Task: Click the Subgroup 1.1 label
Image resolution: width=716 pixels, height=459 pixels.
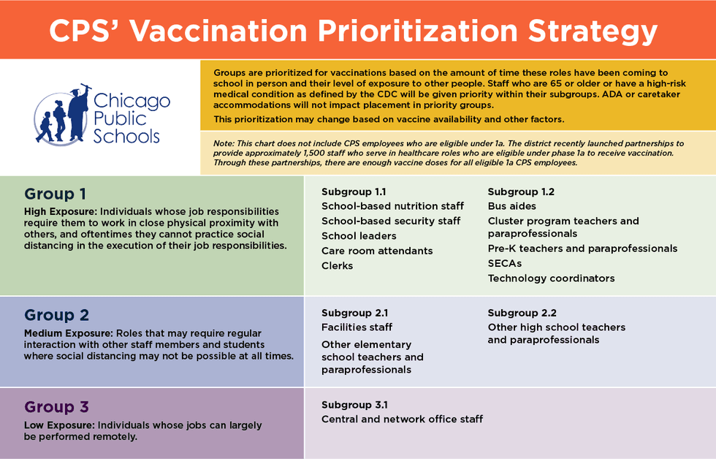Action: pyautogui.click(x=354, y=191)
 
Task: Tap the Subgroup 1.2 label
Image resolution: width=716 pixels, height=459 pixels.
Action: pyautogui.click(x=521, y=191)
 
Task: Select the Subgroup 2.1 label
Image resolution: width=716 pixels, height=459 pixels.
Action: pyautogui.click(x=354, y=313)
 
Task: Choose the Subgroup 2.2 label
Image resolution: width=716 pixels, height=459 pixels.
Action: pyautogui.click(x=522, y=313)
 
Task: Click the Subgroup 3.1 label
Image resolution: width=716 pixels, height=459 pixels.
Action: pyautogui.click(x=354, y=404)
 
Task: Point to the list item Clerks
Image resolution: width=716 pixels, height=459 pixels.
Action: pyautogui.click(x=338, y=265)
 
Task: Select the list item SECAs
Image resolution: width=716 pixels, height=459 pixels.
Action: pyautogui.click(x=505, y=263)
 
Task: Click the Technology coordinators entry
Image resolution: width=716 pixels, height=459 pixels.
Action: pyautogui.click(x=551, y=278)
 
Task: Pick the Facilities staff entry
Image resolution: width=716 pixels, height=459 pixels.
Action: pyautogui.click(x=357, y=327)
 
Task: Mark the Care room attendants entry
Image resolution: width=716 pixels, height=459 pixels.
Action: pyautogui.click(x=377, y=251)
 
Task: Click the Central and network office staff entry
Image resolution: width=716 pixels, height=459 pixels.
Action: pyautogui.click(x=402, y=419)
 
